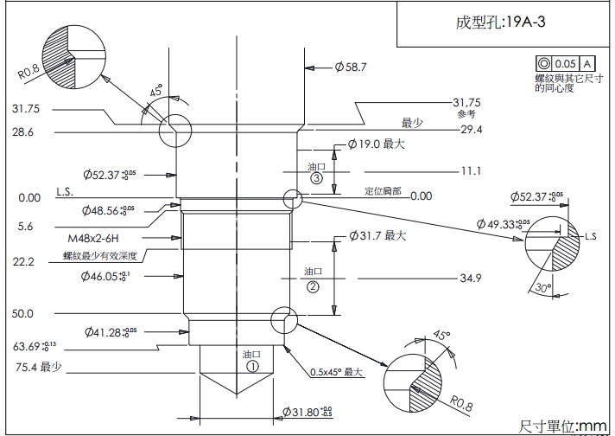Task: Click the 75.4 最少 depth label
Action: tap(38, 367)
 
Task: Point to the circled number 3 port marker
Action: tap(316, 178)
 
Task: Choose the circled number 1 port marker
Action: tap(253, 366)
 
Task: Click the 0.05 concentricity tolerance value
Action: tap(565, 64)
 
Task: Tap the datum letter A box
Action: tap(587, 64)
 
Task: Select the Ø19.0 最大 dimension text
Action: tap(376, 144)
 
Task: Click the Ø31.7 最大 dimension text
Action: tap(377, 235)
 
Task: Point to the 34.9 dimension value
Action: tap(471, 278)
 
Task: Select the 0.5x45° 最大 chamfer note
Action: tap(334, 373)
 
